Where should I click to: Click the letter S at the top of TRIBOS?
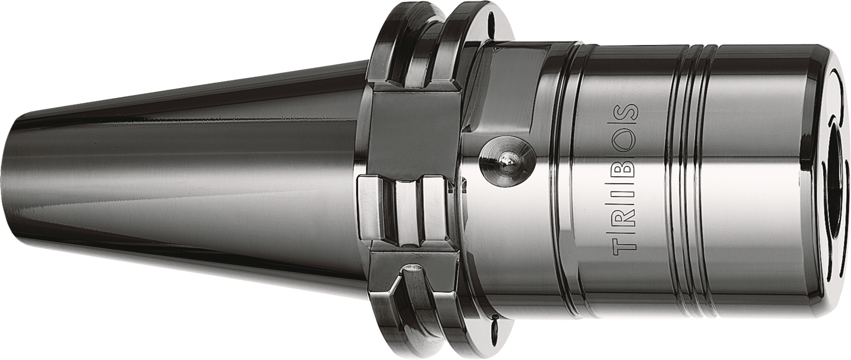(625, 113)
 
